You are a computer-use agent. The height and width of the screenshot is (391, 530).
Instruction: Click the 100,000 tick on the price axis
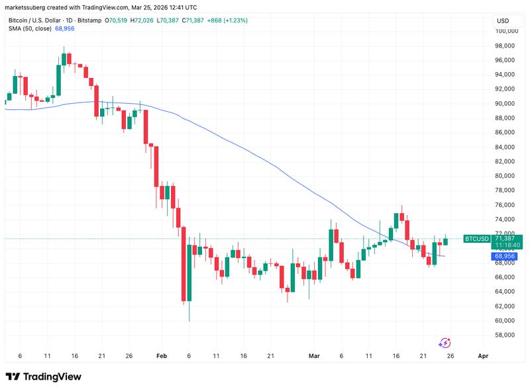coord(505,31)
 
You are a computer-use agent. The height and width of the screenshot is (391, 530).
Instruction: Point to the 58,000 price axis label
coord(505,335)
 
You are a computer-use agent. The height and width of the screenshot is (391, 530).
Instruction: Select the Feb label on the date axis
coord(162,356)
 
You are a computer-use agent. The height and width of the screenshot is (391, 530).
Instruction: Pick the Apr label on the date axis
coord(483,356)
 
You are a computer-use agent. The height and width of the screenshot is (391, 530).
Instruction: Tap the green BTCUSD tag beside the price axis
coord(477,238)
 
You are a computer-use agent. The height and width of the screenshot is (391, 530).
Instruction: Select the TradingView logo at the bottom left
coord(43,376)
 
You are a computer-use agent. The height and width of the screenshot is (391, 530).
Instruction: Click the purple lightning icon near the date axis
coord(445,342)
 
